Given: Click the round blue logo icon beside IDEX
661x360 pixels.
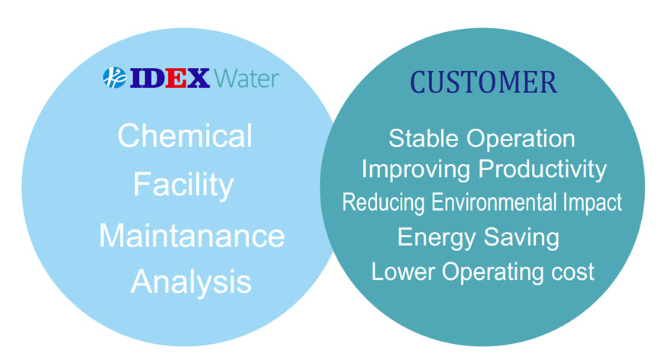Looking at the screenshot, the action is click(114, 78).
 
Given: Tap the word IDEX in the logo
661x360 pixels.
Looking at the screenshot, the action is click(170, 78).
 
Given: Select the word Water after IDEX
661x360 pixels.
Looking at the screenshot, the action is click(247, 79).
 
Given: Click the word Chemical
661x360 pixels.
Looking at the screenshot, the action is click(185, 136).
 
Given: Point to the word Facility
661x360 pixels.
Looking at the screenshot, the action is click(183, 185).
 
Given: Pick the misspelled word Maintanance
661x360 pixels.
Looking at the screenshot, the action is click(192, 236).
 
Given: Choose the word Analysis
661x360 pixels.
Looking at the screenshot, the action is click(191, 282).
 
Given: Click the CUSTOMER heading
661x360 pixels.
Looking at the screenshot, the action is click(483, 82).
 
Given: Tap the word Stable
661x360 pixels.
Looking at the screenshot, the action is click(424, 139).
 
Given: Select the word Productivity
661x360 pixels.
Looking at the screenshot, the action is click(542, 169).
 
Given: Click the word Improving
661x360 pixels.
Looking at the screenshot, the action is click(416, 169).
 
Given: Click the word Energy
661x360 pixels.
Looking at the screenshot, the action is click(437, 238).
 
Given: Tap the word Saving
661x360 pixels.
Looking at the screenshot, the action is click(521, 238).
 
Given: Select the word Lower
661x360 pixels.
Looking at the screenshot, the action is click(403, 272).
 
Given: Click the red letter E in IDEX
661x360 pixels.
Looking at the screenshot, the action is click(176, 78).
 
